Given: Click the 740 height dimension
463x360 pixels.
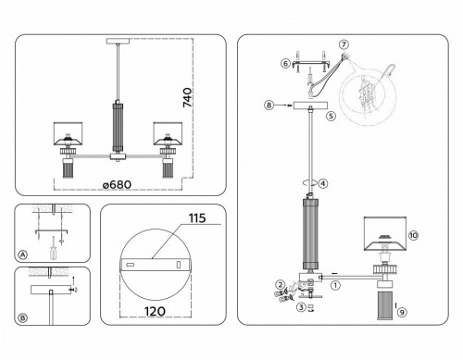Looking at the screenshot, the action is (x=187, y=97).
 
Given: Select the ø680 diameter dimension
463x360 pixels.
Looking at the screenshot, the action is (x=117, y=185).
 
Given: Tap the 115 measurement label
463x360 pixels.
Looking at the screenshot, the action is (x=197, y=218).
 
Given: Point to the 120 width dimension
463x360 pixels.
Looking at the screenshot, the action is (x=155, y=312).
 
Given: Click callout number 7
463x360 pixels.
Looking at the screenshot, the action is (x=344, y=44).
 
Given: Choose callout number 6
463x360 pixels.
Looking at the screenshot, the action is (x=285, y=64).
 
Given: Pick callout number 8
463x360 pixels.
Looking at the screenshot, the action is (x=269, y=106).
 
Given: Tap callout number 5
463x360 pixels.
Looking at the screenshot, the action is (x=331, y=116).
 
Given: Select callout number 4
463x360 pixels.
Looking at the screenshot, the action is (x=322, y=183).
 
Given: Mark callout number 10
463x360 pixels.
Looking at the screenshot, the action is (x=413, y=235).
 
